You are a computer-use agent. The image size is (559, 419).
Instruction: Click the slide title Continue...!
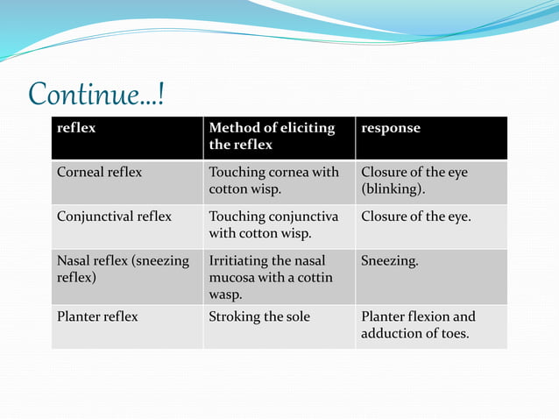coord(96,94)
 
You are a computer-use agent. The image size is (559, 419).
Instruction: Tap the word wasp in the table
coord(225,295)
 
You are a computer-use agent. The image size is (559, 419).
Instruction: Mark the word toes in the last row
coord(451,334)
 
